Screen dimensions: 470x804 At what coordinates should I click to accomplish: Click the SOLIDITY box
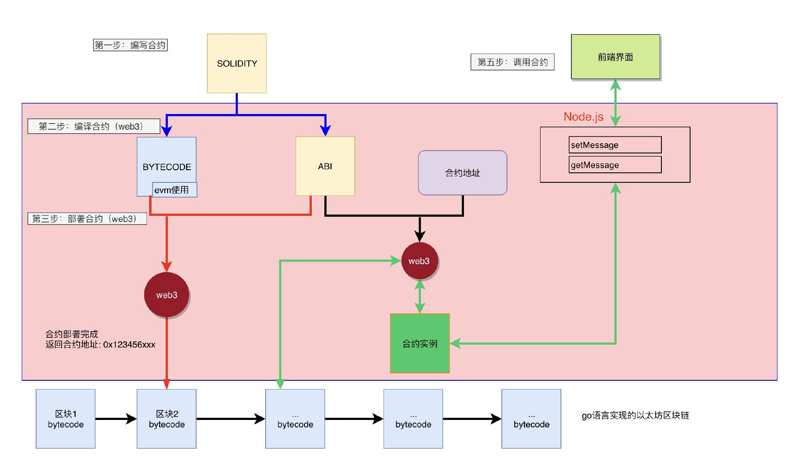tap(237, 64)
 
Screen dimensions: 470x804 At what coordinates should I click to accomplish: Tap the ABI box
tap(325, 166)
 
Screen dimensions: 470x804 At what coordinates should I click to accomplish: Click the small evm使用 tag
tap(174, 190)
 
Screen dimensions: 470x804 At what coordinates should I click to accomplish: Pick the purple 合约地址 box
tap(462, 173)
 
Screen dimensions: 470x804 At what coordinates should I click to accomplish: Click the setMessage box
tap(615, 145)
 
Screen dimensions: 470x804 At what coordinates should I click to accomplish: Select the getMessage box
tap(615, 165)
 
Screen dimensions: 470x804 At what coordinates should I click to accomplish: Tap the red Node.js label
tap(583, 117)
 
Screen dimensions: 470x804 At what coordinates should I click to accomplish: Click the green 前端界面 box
tap(615, 57)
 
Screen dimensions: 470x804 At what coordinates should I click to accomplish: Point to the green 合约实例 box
tap(420, 343)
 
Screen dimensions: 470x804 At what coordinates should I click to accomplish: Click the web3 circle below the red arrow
tap(167, 295)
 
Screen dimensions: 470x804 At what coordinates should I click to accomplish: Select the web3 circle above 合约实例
tap(419, 261)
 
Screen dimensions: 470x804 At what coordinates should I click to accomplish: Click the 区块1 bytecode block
tap(66, 419)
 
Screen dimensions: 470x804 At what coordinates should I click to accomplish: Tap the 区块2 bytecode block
tap(167, 419)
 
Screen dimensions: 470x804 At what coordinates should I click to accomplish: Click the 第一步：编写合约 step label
tap(130, 45)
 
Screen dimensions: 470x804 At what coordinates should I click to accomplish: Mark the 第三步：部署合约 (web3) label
tap(87, 218)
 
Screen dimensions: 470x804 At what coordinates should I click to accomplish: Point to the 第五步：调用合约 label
tap(512, 62)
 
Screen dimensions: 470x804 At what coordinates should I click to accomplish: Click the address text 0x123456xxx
tap(129, 345)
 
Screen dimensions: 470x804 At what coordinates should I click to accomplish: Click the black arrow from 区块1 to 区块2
tap(116, 419)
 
